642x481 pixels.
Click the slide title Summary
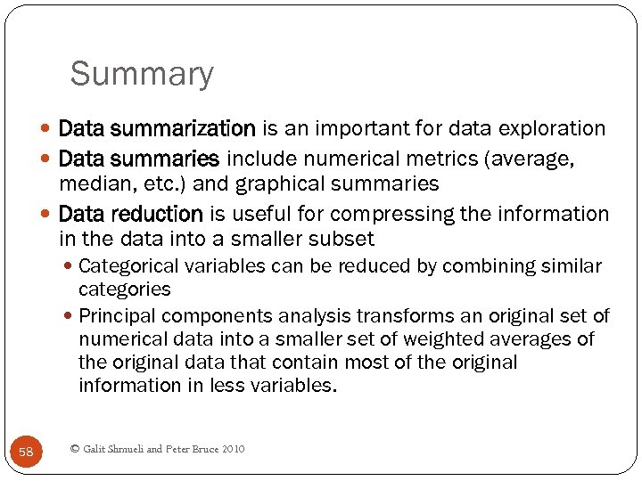pos(142,74)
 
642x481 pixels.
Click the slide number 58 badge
pos(26,452)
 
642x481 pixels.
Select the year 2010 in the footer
pos(231,449)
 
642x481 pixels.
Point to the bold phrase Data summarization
pos(157,129)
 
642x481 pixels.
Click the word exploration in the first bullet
pos(552,129)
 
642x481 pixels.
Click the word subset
pos(345,239)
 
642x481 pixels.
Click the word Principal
pos(115,316)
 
